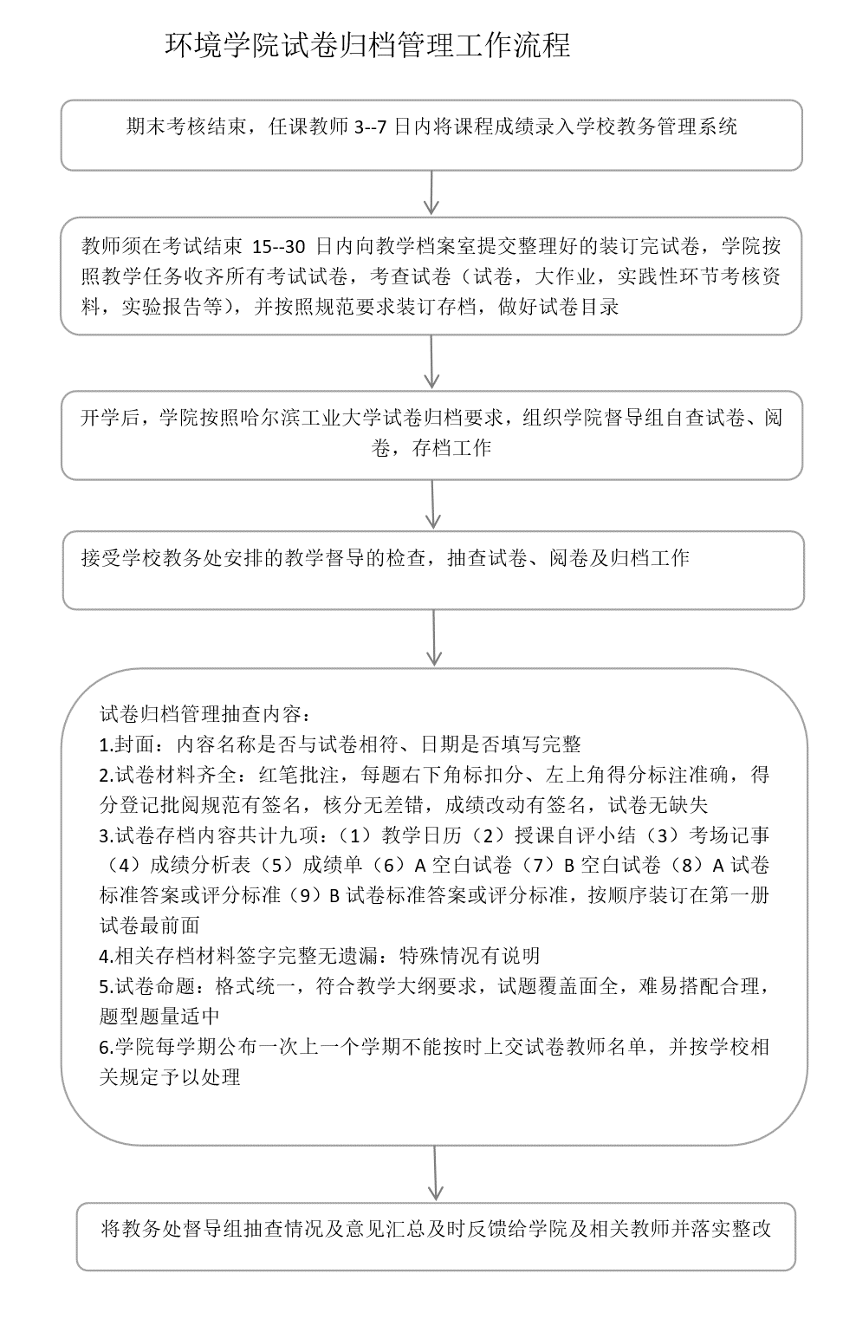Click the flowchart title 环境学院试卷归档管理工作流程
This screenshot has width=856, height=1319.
pyautogui.click(x=367, y=46)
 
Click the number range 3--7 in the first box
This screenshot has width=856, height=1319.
pyautogui.click(x=371, y=127)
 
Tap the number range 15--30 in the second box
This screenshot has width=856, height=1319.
pyautogui.click(x=279, y=246)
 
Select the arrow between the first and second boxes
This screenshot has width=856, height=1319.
pyautogui.click(x=431, y=192)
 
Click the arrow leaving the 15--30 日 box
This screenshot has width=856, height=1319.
pyautogui.click(x=431, y=362)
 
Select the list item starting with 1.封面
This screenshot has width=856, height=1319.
pyautogui.click(x=340, y=744)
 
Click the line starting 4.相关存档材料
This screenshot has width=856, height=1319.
pyautogui.click(x=320, y=956)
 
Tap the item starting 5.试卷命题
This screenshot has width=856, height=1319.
pyautogui.click(x=433, y=986)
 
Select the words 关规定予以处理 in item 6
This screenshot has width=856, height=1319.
pyautogui.click(x=170, y=1077)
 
